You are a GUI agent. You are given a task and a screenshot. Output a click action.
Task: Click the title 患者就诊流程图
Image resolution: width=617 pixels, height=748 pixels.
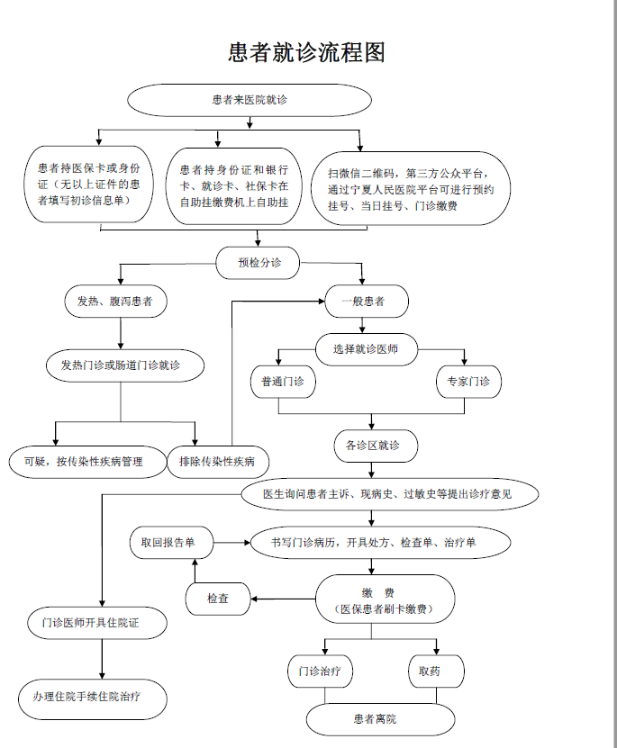pos(307,52)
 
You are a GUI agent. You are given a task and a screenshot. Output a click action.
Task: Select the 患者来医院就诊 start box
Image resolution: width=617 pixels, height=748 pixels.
pos(249,100)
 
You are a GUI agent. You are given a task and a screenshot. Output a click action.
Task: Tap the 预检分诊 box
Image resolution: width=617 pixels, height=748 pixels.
pos(259,263)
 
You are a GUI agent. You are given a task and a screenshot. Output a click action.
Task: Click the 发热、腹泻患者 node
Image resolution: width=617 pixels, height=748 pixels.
pos(114,302)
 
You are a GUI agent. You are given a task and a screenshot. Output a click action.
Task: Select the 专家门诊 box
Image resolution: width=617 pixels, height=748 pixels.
pos(468,383)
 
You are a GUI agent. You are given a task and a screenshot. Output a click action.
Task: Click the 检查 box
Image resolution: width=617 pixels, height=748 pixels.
pos(218,598)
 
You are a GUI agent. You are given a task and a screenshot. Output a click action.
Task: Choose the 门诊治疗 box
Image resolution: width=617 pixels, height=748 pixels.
pos(320,671)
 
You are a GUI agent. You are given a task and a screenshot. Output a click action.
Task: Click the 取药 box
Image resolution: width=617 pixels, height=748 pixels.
pos(437,671)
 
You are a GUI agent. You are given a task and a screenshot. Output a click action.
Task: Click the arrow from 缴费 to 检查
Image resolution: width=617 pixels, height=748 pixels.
pos(283,599)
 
